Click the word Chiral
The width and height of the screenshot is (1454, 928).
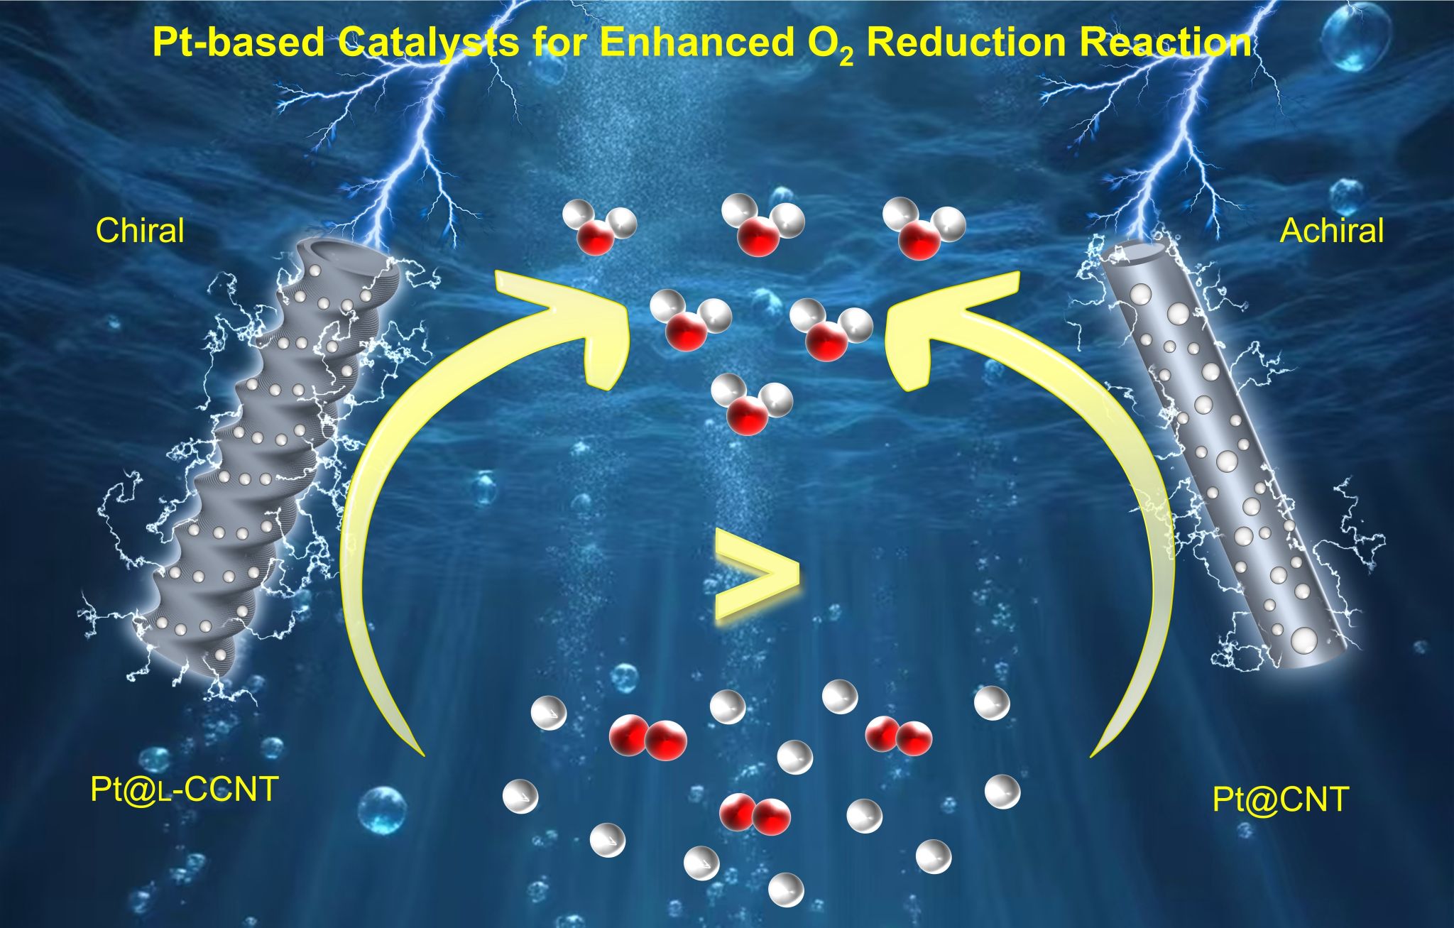[140, 231]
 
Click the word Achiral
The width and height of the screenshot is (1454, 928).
[1331, 231]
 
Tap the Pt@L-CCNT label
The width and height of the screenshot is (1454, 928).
[184, 790]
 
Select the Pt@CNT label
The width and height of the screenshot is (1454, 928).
[1280, 799]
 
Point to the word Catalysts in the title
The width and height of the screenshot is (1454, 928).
[428, 43]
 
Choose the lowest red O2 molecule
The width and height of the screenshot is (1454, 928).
[755, 814]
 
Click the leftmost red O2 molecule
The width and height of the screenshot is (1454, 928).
[647, 738]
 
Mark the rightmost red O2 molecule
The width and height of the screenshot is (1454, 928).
[898, 736]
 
